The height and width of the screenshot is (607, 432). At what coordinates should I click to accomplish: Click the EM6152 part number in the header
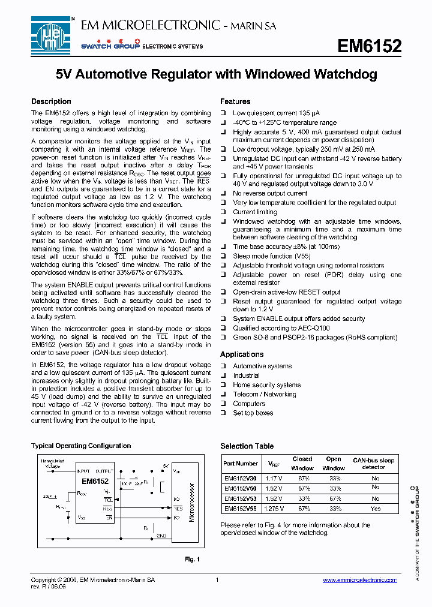pos(369,47)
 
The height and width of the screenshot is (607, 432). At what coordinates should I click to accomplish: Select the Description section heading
pos(51,101)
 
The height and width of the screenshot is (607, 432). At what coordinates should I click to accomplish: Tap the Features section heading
pos(235,101)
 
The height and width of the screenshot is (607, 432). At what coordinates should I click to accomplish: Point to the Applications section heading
pos(242,354)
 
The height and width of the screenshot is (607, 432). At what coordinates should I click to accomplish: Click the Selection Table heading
pos(247,446)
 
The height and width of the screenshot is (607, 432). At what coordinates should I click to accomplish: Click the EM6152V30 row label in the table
pos(240,479)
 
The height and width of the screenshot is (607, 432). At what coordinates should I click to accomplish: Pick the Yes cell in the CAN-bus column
pos(376,509)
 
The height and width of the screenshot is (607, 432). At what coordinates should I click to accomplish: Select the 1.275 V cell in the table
pos(272,509)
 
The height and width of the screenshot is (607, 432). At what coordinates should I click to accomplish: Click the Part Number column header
pos(240,464)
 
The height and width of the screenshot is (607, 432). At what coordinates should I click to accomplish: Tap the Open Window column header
pos(334,464)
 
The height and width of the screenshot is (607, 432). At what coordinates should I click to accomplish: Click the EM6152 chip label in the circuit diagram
pos(95,481)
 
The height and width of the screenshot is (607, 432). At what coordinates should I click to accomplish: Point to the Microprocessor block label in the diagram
pos(192,501)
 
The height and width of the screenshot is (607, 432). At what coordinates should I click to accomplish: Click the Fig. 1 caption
pos(192,559)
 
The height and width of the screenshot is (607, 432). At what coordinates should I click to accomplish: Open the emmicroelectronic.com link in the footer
pos(359,580)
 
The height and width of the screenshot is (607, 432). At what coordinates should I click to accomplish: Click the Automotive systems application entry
pos(262,366)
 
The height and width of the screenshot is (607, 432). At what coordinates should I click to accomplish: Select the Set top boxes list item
pos(253,413)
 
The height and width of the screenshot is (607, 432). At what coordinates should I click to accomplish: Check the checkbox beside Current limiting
pos(223,212)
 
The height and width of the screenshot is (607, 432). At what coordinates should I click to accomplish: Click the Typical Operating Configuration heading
pos(81,446)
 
